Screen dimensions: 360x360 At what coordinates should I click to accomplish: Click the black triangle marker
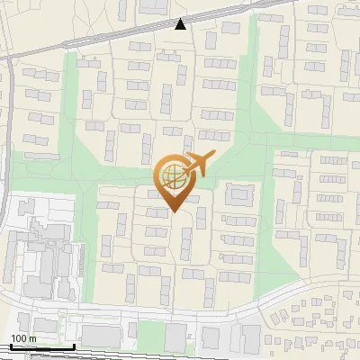coord(181,24)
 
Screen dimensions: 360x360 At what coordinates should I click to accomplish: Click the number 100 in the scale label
coord(19,338)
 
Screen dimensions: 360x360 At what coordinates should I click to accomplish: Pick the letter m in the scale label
coord(32,338)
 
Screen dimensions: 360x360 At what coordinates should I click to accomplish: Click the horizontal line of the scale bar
coord(41,347)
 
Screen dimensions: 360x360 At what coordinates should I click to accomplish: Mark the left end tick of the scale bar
coord(10,346)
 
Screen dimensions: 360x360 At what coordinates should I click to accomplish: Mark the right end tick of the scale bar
coord(75,346)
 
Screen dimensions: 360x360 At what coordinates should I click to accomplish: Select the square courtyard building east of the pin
coord(239,194)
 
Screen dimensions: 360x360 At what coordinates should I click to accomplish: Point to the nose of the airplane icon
coord(212,157)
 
